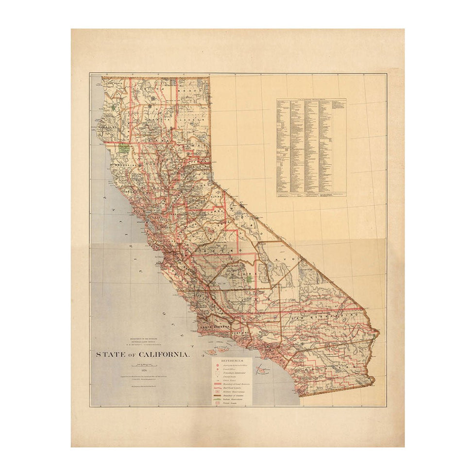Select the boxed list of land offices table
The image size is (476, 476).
[x=311, y=148]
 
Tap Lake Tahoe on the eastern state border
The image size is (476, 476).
[x=210, y=176]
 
